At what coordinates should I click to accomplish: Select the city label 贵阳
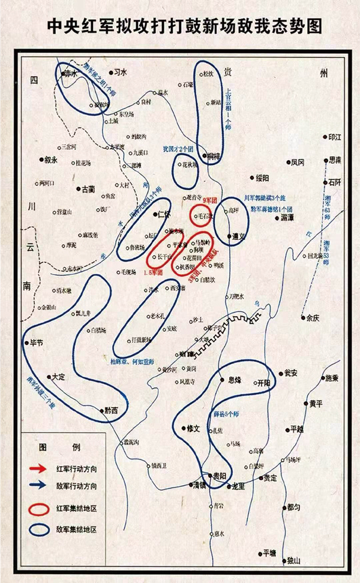tap(219, 476)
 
